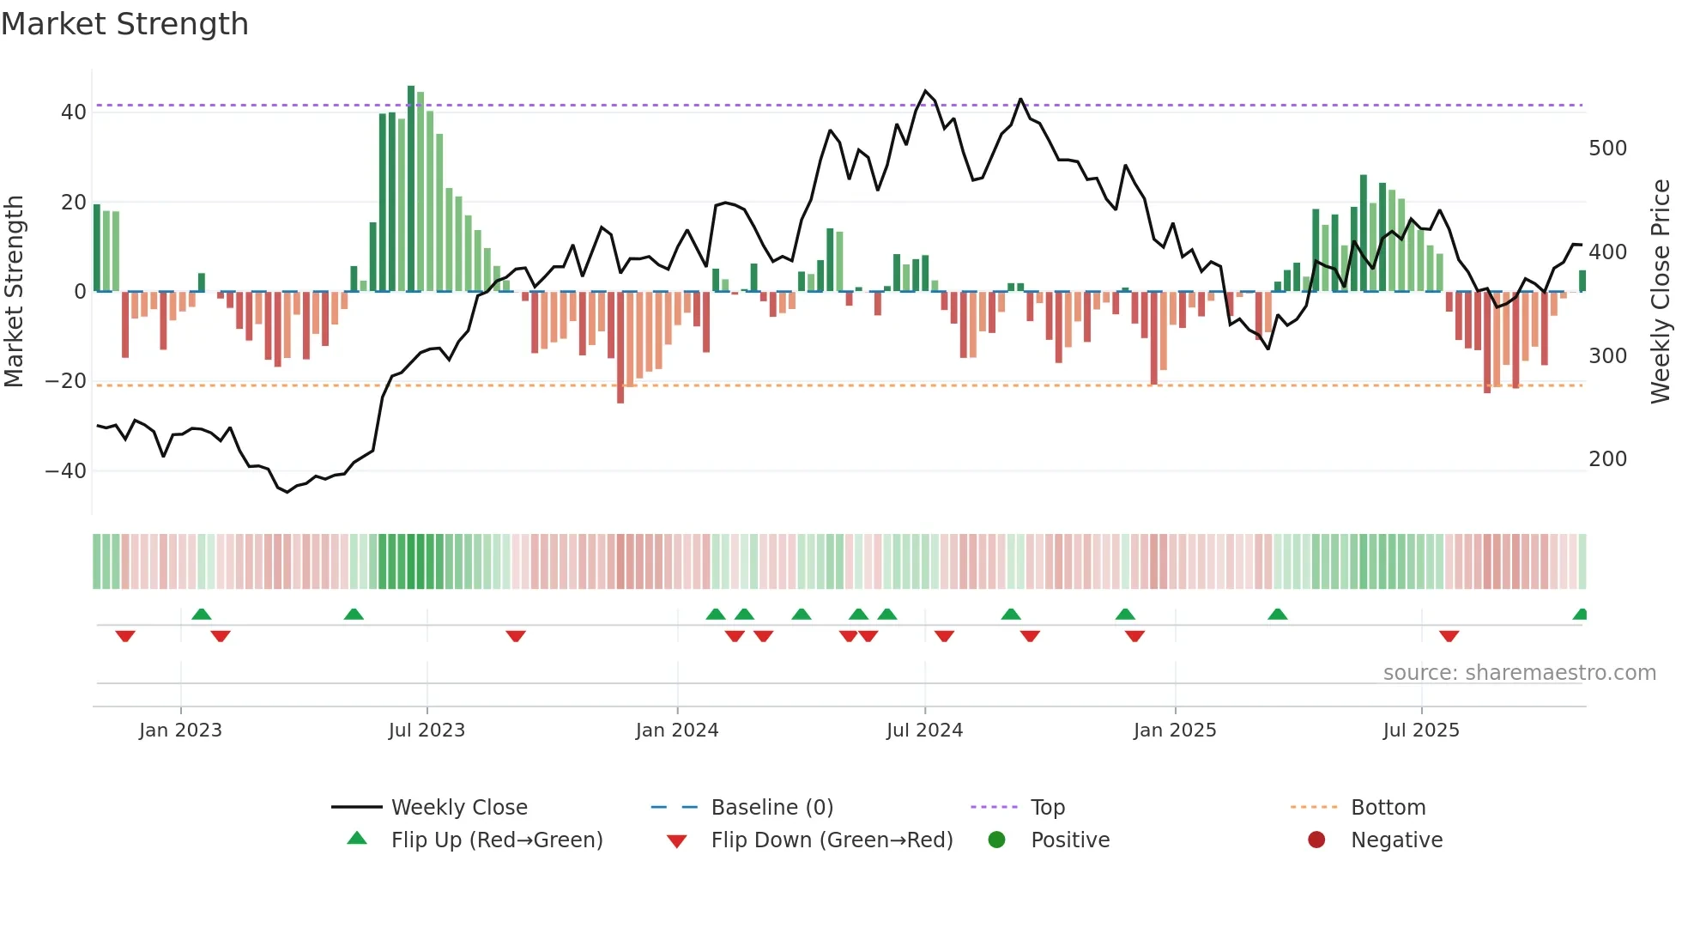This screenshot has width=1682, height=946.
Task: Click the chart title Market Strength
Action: coord(124,24)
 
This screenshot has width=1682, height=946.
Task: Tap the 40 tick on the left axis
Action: coord(74,112)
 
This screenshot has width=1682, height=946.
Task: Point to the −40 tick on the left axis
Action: coord(66,471)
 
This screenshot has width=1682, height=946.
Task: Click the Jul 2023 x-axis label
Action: coord(427,731)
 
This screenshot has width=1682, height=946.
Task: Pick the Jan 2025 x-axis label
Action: coord(1174,731)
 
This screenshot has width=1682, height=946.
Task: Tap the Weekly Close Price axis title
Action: coord(1661,292)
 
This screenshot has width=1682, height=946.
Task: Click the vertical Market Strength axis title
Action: coord(14,292)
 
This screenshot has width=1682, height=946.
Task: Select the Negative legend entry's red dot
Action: coord(1316,840)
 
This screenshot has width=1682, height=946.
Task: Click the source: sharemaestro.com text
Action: coord(1519,673)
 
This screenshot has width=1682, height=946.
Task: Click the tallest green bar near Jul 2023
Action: coord(411,189)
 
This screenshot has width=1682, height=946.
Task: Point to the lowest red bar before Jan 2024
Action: coord(620,348)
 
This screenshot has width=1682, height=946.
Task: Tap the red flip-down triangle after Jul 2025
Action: coord(1449,636)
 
